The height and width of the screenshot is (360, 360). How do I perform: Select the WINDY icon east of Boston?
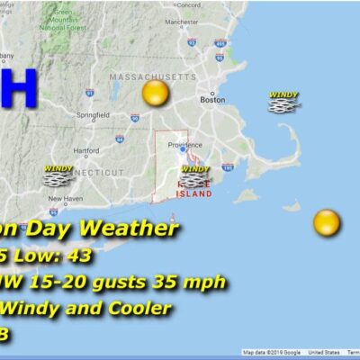pyautogui.click(x=284, y=102)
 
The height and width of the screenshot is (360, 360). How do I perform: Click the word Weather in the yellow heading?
pyautogui.click(x=135, y=229)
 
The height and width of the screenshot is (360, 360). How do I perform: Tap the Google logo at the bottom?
pyautogui.click(x=287, y=352)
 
